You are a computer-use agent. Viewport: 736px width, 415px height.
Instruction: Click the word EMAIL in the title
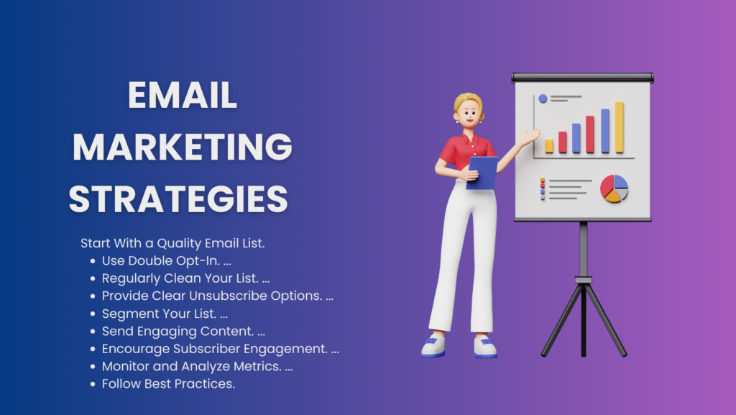[x=182, y=96]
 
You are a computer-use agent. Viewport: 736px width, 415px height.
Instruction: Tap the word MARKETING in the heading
[x=182, y=147]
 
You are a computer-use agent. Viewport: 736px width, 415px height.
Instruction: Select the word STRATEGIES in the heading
[x=178, y=199]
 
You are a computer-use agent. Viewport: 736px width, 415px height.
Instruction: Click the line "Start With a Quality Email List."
[x=172, y=243]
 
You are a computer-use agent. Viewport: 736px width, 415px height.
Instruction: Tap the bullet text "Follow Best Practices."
[x=168, y=384]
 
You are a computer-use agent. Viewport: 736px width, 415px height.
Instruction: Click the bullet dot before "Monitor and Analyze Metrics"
[x=93, y=367]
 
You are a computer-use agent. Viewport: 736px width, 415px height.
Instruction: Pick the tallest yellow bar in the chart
[x=620, y=127]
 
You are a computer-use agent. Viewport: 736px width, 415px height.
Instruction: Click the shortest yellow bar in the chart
[x=548, y=146]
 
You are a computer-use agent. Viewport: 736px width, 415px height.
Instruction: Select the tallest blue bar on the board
[x=605, y=131]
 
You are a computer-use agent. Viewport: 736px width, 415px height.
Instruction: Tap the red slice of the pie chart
[x=607, y=186]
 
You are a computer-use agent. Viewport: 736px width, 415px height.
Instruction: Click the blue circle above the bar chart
[x=543, y=99]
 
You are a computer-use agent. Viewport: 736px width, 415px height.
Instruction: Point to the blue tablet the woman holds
[x=482, y=173]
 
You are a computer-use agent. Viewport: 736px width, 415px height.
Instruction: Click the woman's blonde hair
[x=467, y=101]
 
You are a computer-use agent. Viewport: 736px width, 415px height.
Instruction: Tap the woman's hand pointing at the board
[x=530, y=137]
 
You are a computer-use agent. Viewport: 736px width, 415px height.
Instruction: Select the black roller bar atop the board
[x=582, y=78]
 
